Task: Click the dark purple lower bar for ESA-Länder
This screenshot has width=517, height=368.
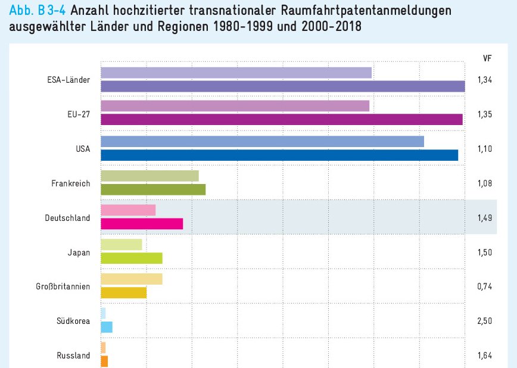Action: click(283, 86)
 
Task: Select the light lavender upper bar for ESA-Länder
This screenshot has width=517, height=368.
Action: click(236, 73)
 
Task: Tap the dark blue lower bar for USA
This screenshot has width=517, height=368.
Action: click(279, 155)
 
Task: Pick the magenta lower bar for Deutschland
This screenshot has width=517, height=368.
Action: click(142, 224)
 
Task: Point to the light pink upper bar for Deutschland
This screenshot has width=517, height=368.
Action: click(128, 210)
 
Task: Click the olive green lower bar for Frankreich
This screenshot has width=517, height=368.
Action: click(153, 189)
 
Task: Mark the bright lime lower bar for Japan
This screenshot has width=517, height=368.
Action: click(132, 258)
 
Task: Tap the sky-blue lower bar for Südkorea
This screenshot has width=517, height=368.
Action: click(107, 327)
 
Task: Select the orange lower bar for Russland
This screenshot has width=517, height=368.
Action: click(104, 361)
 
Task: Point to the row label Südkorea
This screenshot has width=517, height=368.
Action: click(73, 321)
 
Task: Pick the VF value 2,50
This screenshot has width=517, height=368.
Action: click(484, 321)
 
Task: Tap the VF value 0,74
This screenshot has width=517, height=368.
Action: click(484, 287)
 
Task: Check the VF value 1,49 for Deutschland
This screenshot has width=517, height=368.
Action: click(484, 218)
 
